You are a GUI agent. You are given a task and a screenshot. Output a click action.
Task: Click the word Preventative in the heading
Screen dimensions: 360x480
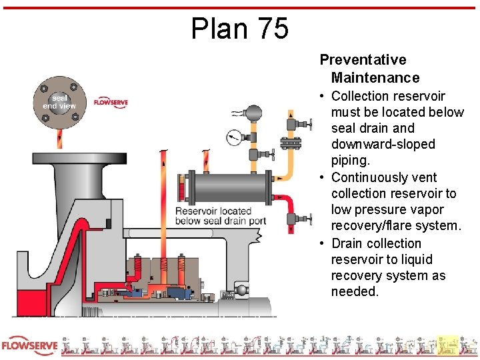tap(363, 60)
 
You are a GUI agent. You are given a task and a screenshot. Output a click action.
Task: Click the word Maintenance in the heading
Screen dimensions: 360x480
tap(375, 78)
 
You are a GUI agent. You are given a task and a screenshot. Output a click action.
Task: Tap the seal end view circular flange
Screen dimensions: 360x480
tap(60, 102)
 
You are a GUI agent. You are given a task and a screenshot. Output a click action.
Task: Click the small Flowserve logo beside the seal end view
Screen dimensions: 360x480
tap(111, 103)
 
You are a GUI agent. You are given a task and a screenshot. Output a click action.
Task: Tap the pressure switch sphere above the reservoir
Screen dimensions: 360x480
tap(253, 114)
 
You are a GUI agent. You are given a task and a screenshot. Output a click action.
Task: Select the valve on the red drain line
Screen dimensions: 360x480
tap(298, 218)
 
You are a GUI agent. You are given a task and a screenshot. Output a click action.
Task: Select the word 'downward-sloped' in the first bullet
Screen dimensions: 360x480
tap(383, 145)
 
